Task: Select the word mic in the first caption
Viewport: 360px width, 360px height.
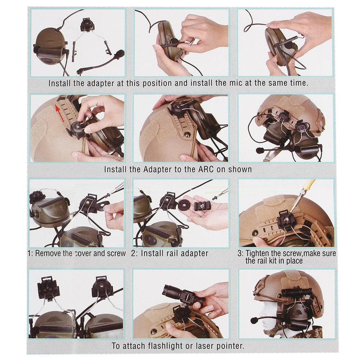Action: coord(236,83)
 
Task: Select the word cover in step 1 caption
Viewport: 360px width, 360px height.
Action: coord(83,254)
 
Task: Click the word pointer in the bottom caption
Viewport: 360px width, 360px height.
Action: coord(228,346)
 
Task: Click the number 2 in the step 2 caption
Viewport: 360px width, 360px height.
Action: coord(133,254)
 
